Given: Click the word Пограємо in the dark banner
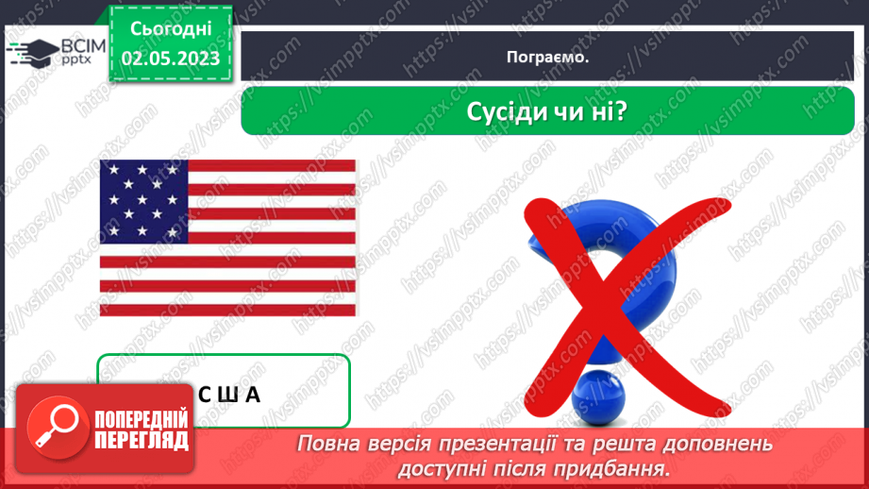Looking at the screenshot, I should (x=547, y=57).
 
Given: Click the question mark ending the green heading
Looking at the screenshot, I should (x=623, y=112).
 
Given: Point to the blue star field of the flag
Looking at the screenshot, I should (x=144, y=198).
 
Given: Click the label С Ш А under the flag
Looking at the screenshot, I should (x=229, y=394).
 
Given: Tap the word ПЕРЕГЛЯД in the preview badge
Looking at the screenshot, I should (x=142, y=441).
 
